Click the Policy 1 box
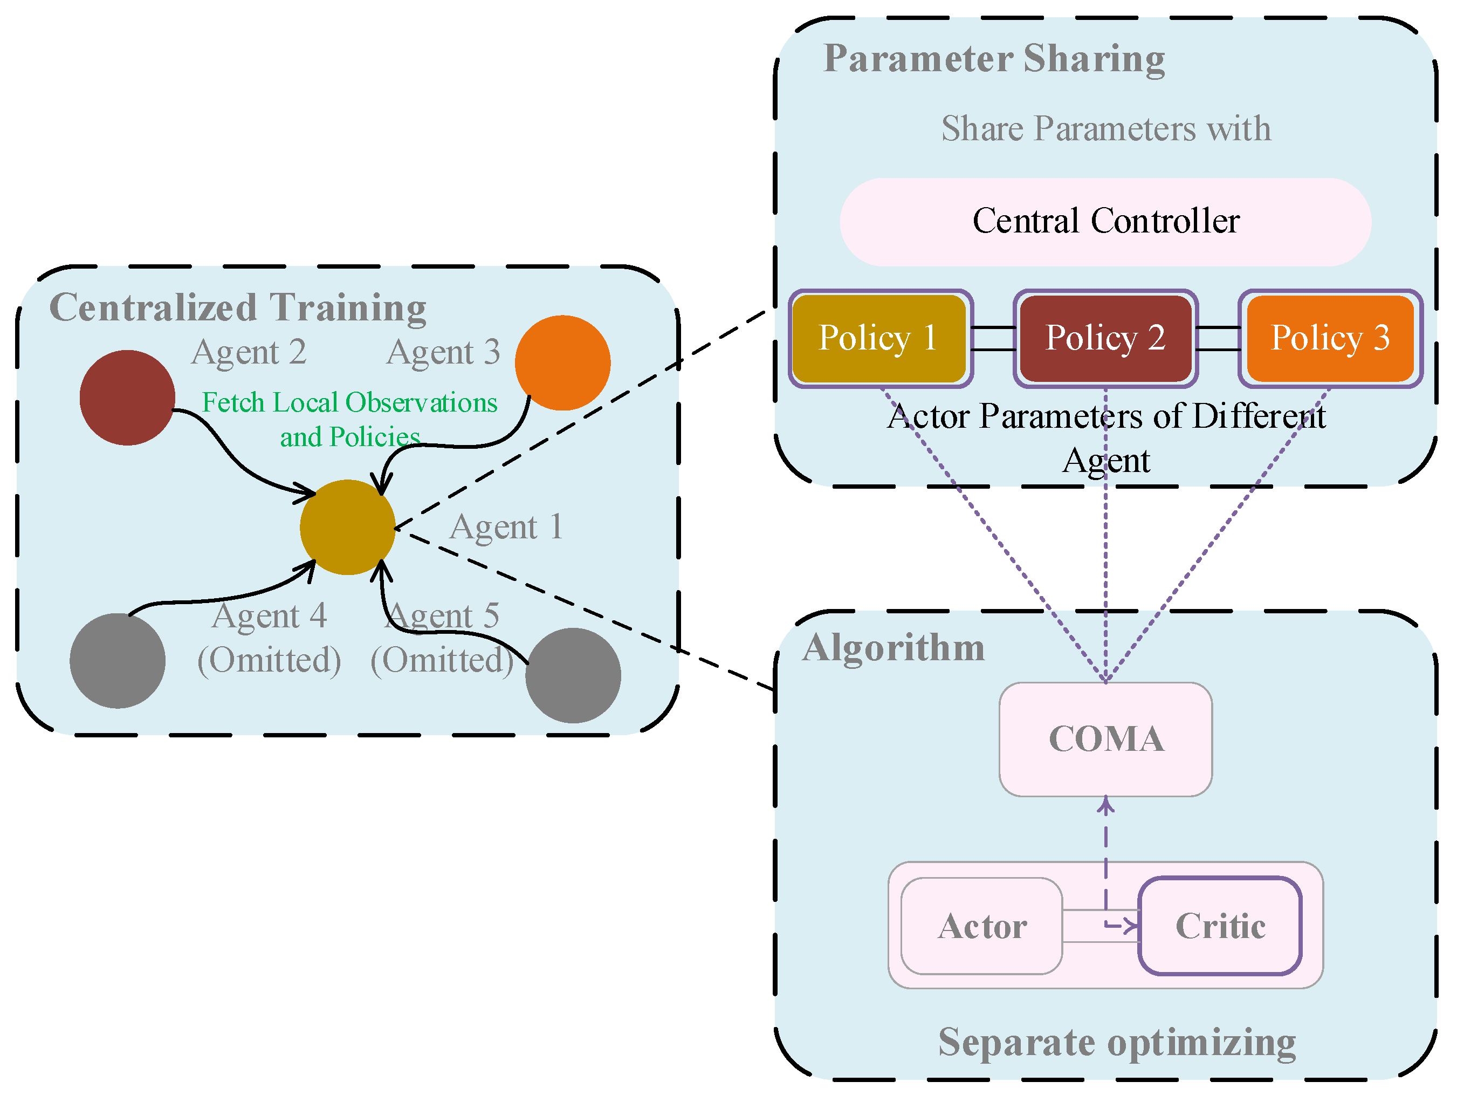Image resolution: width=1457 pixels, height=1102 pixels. tap(880, 339)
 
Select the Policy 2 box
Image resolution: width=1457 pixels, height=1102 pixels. tap(1105, 339)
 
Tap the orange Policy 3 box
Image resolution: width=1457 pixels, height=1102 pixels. tap(1330, 339)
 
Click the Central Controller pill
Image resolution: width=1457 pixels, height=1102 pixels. tap(1105, 221)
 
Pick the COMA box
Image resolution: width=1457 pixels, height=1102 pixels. tap(1105, 739)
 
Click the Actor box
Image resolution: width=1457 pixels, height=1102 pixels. tap(981, 926)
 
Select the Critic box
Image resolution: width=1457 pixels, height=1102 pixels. tap(1220, 926)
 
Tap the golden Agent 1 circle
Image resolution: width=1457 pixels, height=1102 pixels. tap(347, 527)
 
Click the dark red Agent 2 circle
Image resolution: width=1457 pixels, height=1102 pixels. tap(127, 397)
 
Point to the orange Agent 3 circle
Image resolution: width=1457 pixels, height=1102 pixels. tap(562, 362)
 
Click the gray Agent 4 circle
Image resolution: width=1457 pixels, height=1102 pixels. tap(117, 661)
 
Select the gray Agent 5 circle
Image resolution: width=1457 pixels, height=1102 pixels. tap(573, 675)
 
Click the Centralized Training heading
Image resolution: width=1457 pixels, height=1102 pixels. tap(238, 307)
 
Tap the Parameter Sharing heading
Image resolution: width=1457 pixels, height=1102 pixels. tap(994, 59)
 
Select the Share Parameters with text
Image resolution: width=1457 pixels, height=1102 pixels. tap(1105, 128)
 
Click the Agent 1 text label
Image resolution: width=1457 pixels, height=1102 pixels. tap(506, 527)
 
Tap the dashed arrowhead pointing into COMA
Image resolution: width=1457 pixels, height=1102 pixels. tap(1106, 805)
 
